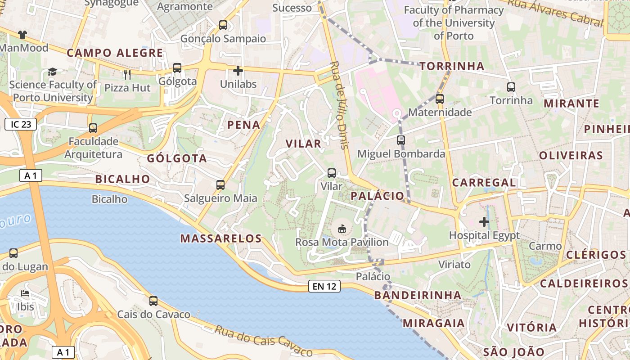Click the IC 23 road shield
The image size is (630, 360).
pos(21,124)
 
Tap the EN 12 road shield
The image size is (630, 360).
pos(324,286)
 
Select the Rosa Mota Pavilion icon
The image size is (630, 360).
pos(342,229)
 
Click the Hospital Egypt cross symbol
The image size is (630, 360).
pos(484,222)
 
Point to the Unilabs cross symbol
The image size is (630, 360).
pos(238,71)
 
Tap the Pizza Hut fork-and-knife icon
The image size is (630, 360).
pos(127,74)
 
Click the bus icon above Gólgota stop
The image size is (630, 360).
pos(177,68)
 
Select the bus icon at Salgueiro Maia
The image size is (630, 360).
pos(220,185)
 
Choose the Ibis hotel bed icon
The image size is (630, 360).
pos(25,294)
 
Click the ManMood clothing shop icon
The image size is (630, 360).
pos(22,34)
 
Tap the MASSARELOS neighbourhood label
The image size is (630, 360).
pos(221,238)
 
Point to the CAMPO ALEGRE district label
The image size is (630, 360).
pos(115,53)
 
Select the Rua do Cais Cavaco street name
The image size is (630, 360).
pos(264,340)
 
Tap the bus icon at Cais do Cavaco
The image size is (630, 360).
pos(153,301)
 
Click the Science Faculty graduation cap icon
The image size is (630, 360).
pos(53,72)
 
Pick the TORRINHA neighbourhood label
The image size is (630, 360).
pos(452,66)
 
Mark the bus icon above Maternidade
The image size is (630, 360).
pos(440,99)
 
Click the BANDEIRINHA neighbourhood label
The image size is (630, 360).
pos(418,295)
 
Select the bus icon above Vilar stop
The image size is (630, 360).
pos(332,173)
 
